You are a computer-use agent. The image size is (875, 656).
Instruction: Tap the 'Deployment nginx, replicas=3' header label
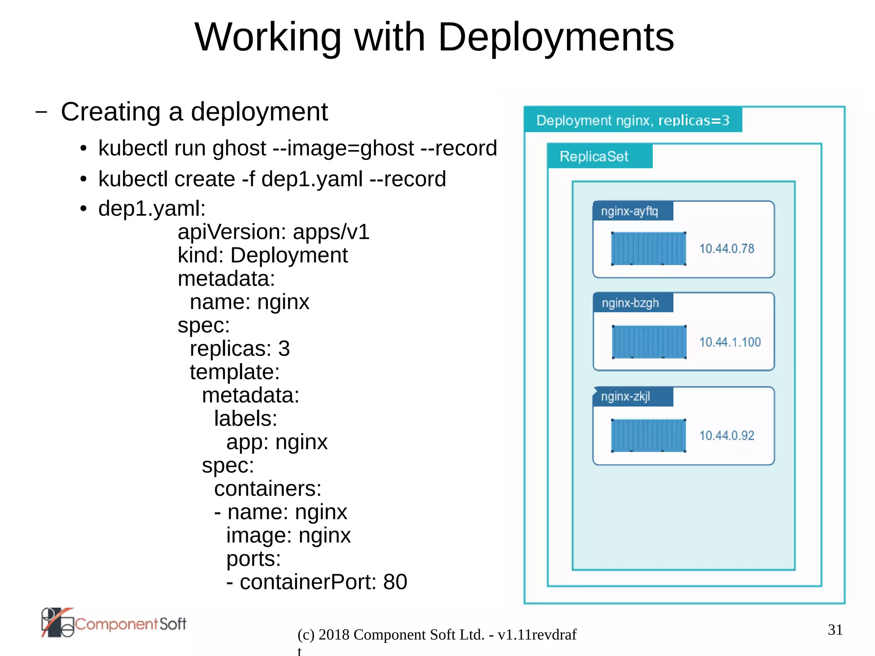coord(632,120)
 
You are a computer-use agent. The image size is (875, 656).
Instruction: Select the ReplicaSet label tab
coord(594,156)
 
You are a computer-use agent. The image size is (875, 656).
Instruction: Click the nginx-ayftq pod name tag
coord(629,211)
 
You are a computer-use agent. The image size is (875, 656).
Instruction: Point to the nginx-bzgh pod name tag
coord(630,303)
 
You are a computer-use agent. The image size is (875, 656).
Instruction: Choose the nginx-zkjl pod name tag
coord(625,397)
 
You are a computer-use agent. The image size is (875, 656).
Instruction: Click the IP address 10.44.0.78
coord(726,248)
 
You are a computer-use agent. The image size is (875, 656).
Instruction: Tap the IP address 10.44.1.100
coord(730,342)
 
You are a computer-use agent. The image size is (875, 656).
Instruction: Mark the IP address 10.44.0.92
coord(726,435)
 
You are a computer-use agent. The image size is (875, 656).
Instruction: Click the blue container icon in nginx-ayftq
coord(649,248)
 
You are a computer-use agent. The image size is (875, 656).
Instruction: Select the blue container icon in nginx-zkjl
coord(649,435)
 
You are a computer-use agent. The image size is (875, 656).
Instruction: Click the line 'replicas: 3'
coord(240,348)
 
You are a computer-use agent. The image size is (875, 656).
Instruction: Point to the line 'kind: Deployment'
coord(262,255)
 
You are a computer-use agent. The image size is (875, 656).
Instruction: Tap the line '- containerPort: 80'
coord(317,582)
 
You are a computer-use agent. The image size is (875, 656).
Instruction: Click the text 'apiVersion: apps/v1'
coord(273,232)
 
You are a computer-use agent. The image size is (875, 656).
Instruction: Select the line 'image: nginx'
coord(288,535)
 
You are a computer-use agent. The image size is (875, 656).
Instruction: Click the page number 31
coord(835,630)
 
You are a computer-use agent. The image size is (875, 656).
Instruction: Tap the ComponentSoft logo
coord(114,623)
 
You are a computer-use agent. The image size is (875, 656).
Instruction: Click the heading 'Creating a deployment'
coord(194,112)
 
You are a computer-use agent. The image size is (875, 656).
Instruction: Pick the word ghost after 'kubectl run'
coord(239,149)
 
